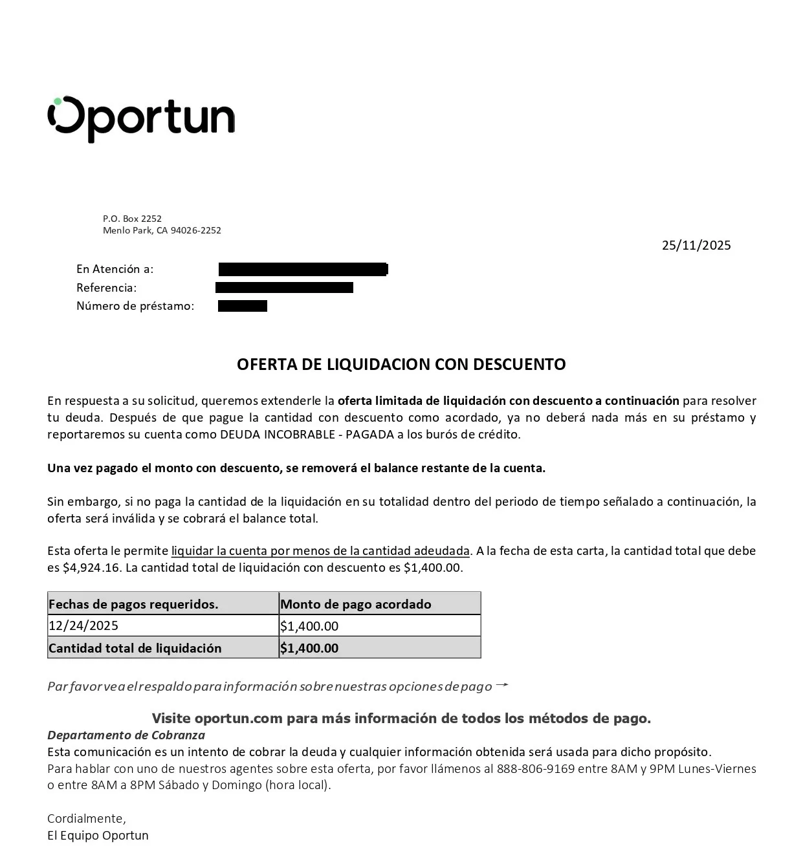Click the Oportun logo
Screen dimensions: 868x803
coord(141,119)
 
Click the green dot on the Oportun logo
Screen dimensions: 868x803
coord(58,102)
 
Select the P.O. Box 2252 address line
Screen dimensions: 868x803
coord(132,219)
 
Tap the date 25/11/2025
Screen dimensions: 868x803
coord(696,245)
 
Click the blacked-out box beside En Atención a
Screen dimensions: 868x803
coord(302,269)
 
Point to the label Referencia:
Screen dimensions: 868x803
coord(106,288)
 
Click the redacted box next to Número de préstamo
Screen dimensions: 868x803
coord(242,306)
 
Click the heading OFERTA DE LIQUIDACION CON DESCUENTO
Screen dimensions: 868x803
coord(401,364)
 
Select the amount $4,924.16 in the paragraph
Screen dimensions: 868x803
coord(91,568)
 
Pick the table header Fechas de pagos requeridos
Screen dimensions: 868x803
coord(133,604)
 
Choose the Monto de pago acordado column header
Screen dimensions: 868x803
coord(355,604)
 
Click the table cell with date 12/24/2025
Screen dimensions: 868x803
coord(83,625)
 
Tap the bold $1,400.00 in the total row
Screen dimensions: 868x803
coord(309,648)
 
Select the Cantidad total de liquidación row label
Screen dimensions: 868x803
coord(135,648)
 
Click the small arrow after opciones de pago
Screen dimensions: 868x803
coord(501,685)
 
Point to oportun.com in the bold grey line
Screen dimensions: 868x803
coord(238,719)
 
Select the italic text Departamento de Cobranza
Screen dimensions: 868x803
coord(126,735)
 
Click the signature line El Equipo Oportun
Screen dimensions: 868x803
coord(98,836)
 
